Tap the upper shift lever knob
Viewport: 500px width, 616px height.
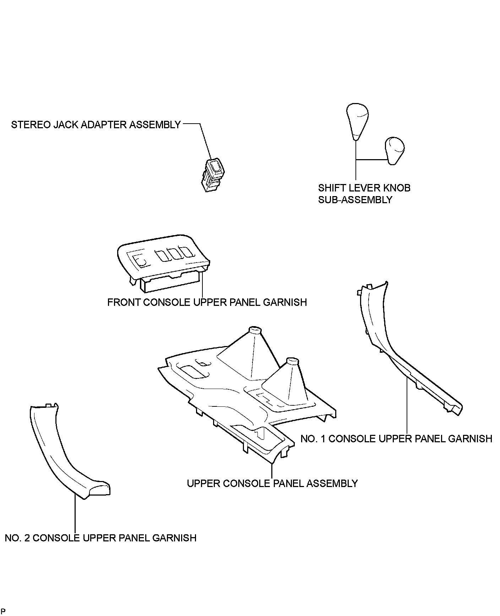[357, 121]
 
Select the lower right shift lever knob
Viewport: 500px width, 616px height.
[395, 150]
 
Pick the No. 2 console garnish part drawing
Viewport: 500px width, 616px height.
[64, 455]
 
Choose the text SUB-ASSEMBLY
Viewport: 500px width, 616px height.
[355, 200]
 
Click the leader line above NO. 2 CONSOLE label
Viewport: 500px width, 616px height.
[75, 515]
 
